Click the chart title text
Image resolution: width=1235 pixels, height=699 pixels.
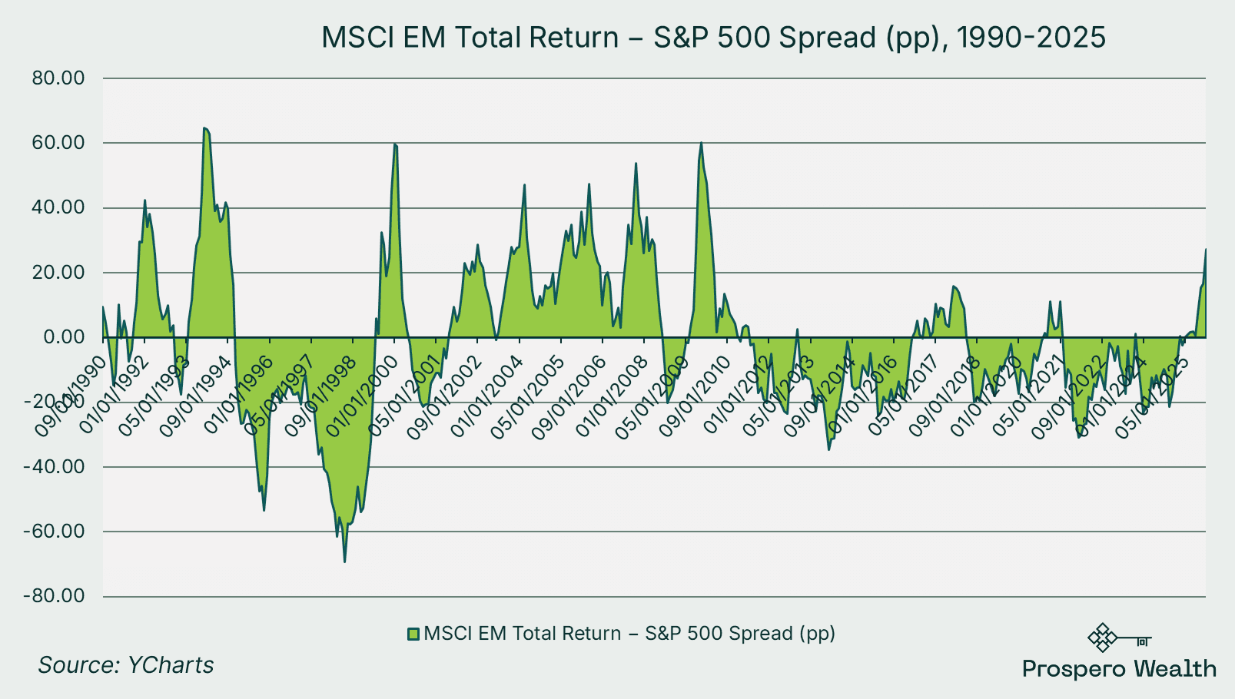pyautogui.click(x=713, y=37)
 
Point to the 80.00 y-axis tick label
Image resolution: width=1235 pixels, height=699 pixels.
pyautogui.click(x=58, y=78)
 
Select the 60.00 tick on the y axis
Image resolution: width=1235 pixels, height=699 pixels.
pyautogui.click(x=58, y=143)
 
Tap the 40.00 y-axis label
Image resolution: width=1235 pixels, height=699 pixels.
pyautogui.click(x=58, y=208)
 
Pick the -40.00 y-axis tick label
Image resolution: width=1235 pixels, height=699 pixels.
pyautogui.click(x=54, y=467)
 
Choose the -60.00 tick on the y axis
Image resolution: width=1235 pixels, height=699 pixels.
pyautogui.click(x=54, y=532)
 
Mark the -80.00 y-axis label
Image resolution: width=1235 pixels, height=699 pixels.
pyautogui.click(x=54, y=597)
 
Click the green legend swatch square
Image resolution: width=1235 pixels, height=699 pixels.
pyautogui.click(x=413, y=634)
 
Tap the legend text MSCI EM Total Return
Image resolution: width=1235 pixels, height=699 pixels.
pyautogui.click(x=523, y=634)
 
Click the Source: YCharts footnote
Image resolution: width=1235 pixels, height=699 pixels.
pyautogui.click(x=126, y=665)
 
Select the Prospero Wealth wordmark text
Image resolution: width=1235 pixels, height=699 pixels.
pyautogui.click(x=1119, y=669)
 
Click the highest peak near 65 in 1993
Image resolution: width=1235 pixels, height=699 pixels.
pyautogui.click(x=204, y=128)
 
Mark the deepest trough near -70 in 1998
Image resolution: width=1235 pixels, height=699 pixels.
pyautogui.click(x=344, y=562)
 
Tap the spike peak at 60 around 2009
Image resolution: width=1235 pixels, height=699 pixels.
pyautogui.click(x=701, y=143)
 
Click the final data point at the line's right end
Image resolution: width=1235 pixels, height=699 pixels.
pyautogui.click(x=1205, y=250)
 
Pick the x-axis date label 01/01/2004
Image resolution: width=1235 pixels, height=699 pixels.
pyautogui.click(x=486, y=397)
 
